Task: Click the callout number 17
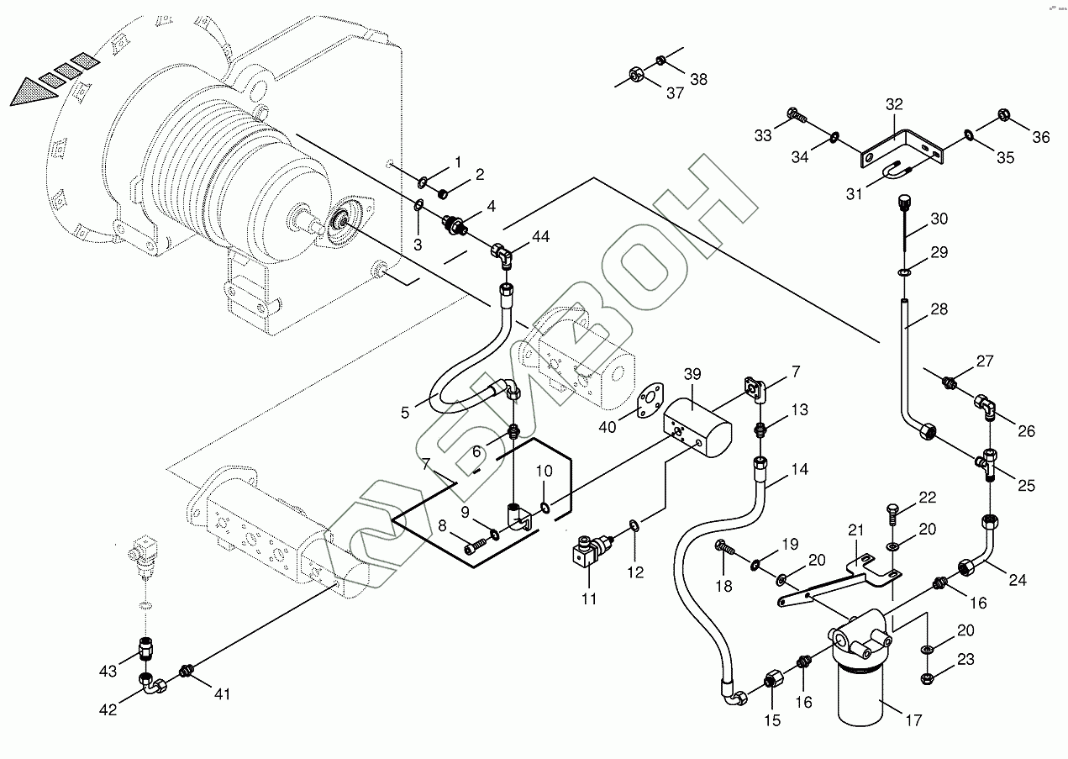[x=913, y=720]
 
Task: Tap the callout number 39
[x=692, y=373]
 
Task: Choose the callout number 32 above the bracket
[x=893, y=105]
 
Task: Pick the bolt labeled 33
[x=794, y=114]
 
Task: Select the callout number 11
[x=588, y=598]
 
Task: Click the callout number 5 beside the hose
[x=405, y=413]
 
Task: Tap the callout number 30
[x=938, y=219]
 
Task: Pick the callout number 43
[x=108, y=671]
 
